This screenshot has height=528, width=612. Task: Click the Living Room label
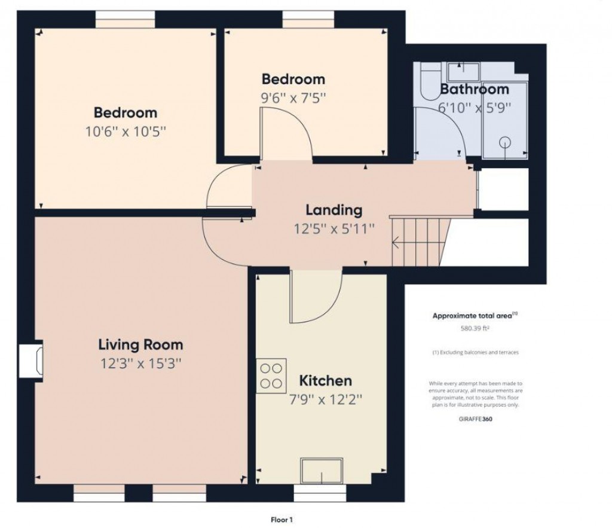(x=140, y=345)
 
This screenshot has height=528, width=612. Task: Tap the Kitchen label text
(x=325, y=381)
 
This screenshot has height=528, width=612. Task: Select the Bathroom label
(x=475, y=90)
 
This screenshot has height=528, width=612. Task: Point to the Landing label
(x=334, y=210)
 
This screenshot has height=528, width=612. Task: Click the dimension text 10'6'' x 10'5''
(x=126, y=131)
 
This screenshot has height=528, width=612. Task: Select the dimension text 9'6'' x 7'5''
(x=293, y=97)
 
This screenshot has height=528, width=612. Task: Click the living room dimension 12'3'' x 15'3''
(x=140, y=364)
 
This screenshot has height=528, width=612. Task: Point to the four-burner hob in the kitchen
(x=271, y=376)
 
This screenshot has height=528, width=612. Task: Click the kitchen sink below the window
(x=322, y=471)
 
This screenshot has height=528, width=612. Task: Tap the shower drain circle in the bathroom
(x=506, y=142)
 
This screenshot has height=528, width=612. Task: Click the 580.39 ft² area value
(x=475, y=328)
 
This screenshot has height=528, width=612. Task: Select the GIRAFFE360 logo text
(x=475, y=419)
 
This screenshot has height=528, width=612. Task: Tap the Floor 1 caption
(x=280, y=520)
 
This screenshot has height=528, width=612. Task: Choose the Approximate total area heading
(x=475, y=316)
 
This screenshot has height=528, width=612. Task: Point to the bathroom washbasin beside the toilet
(x=463, y=71)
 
